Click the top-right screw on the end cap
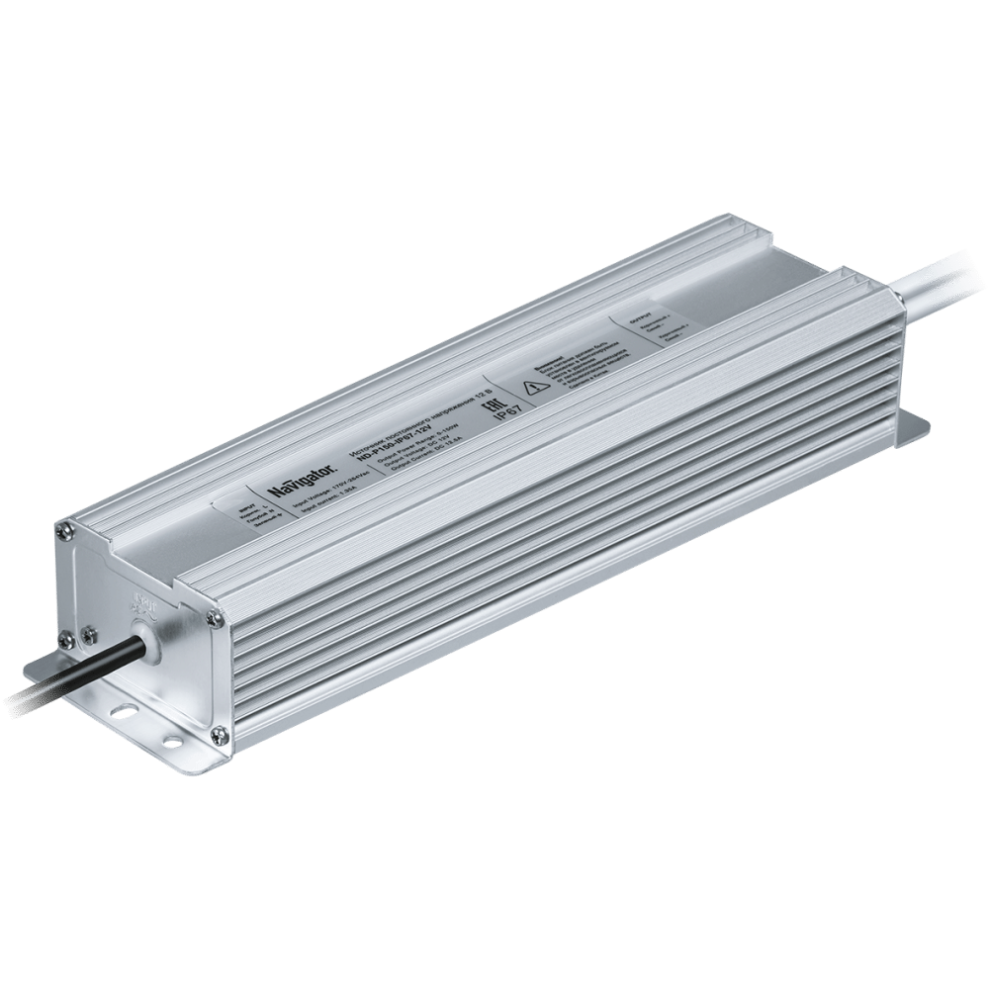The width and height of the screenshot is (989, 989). [213, 617]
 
